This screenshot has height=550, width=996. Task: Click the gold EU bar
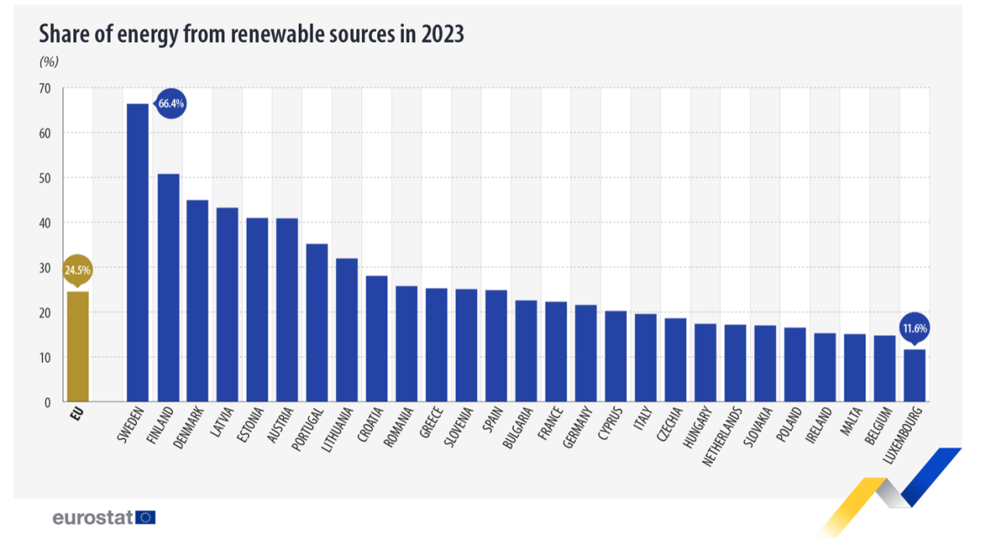[x=77, y=346]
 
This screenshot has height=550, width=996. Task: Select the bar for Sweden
[x=138, y=253]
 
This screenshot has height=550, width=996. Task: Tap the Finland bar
[x=168, y=288]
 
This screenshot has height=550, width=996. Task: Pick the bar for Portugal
[x=317, y=323]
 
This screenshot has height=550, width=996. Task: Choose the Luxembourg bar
[x=914, y=376]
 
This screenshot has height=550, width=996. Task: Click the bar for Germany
[x=586, y=353]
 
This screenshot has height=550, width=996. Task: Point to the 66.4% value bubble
[x=171, y=103]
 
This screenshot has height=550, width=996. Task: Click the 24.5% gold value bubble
[x=77, y=271]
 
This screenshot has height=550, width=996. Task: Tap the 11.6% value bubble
[x=914, y=328]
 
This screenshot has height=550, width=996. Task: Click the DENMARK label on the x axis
[x=190, y=426]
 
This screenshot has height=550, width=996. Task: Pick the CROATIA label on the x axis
[x=370, y=424]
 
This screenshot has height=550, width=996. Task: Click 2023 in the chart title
[x=442, y=34]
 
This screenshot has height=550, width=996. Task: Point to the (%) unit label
[x=48, y=62]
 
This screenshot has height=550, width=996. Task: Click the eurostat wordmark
[x=93, y=517]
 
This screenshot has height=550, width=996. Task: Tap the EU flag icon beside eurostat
[x=146, y=517]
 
